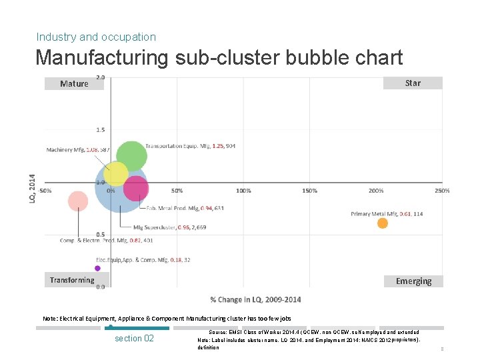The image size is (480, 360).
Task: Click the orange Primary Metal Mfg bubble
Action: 383,223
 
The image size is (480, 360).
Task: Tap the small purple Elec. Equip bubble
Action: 97,268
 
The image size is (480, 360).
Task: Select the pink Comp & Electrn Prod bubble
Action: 78,201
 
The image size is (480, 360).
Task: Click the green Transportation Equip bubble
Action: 131,156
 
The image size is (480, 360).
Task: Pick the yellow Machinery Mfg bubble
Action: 115,174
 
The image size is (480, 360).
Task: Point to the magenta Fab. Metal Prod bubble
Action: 136,189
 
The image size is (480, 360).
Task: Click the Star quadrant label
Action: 413,83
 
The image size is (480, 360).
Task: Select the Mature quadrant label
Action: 74,84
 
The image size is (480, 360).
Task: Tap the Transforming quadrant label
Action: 72,280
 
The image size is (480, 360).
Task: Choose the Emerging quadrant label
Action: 413,281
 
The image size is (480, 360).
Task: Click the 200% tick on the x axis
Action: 376,191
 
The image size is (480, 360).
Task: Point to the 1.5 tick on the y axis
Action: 100,130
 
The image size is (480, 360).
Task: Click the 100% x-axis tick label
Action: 243,191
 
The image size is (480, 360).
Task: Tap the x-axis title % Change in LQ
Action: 255,299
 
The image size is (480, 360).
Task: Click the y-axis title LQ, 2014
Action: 33,189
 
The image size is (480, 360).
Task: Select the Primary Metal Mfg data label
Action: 387,213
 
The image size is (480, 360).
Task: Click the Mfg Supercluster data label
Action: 169,227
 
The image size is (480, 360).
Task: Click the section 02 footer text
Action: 134,338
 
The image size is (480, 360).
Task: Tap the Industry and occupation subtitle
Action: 96,37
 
